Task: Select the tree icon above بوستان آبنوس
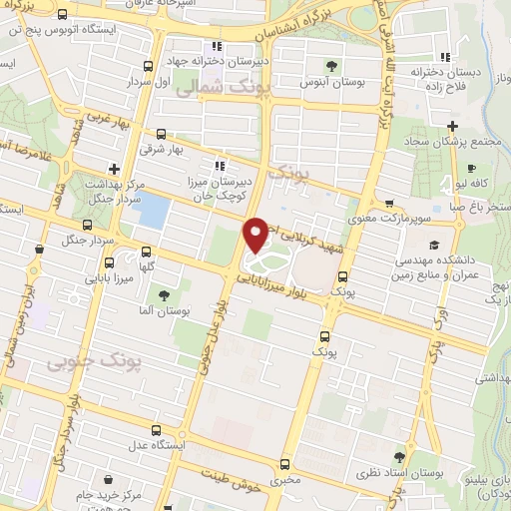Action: click(330, 67)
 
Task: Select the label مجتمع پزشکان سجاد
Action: click(453, 142)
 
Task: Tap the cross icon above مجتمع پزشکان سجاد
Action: click(452, 126)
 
